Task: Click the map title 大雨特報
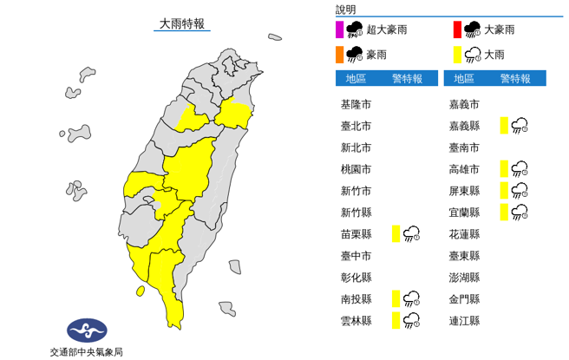point(182,24)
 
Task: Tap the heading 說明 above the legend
point(346,10)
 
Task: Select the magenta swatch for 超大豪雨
point(338,30)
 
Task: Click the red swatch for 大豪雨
point(456,30)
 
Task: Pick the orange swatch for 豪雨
point(338,56)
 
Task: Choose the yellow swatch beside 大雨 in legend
point(456,56)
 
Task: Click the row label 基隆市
point(356,104)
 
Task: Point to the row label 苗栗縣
point(356,234)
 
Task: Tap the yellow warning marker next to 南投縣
point(396,299)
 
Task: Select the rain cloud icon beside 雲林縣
point(411,321)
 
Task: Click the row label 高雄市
point(465,169)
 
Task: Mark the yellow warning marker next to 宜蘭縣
point(504,213)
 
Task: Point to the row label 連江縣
point(465,321)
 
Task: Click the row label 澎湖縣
point(465,278)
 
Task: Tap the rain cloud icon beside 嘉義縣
point(520,126)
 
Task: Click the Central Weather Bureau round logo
point(87,331)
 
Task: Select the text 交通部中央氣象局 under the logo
point(87,351)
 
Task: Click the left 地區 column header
point(356,79)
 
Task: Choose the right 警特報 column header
point(515,79)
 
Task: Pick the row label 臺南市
point(465,147)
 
